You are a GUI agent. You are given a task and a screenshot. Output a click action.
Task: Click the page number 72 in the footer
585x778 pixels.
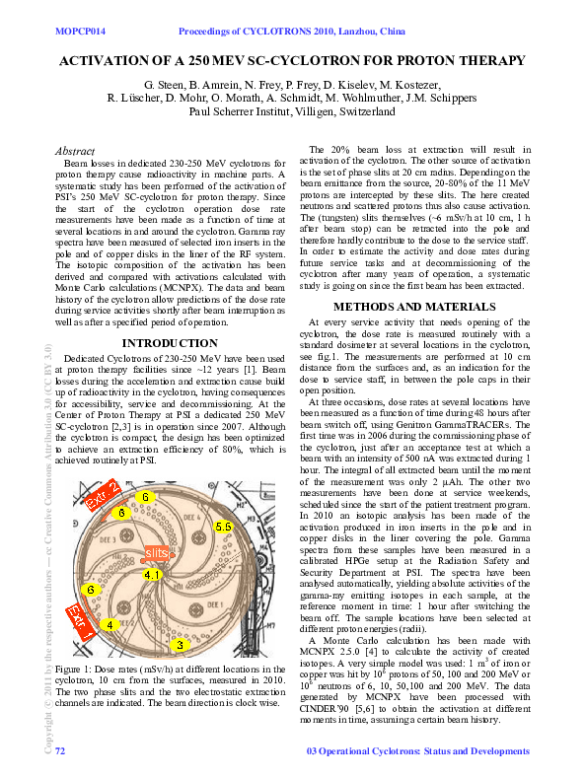click(x=60, y=752)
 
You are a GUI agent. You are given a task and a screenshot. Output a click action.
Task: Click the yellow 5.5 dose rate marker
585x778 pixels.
click(x=224, y=528)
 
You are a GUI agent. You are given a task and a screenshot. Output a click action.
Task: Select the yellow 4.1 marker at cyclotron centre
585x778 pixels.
click(x=152, y=574)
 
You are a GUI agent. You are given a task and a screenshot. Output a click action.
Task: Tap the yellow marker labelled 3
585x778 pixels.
click(x=179, y=645)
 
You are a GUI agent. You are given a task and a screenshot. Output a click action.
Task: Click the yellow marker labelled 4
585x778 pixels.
click(x=110, y=624)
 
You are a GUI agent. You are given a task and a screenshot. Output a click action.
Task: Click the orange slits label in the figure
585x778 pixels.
click(x=157, y=553)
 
